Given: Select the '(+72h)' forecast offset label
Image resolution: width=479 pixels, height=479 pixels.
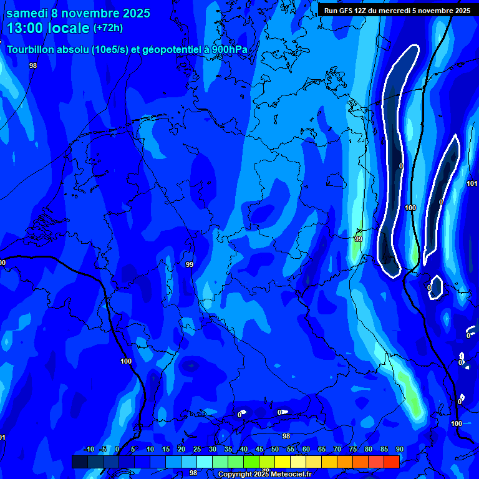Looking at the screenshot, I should tap(109, 28).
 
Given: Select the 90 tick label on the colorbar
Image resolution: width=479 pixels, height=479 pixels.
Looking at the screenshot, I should tap(399, 449).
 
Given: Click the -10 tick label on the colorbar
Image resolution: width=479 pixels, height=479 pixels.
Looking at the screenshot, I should tap(89, 449).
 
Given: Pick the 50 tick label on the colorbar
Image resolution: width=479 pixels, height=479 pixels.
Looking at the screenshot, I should tap(275, 449).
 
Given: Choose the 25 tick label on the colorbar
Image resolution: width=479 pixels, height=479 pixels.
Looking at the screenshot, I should tap(197, 449).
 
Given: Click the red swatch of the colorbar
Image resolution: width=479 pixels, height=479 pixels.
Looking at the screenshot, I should tap(391, 462).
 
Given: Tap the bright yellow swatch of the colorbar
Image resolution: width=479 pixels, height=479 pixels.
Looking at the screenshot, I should tap(283, 462).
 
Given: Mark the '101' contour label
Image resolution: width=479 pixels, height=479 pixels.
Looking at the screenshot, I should tap(472, 183).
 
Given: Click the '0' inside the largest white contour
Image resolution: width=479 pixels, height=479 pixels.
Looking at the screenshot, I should tap(401, 166).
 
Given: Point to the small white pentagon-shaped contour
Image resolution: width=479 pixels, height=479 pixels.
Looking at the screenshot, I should tap(436, 286).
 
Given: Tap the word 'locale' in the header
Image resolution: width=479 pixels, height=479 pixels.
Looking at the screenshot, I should tap(71, 28).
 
